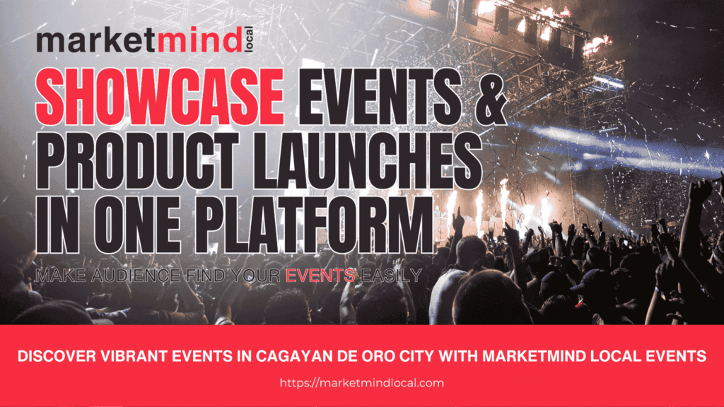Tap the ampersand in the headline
pos(487,100)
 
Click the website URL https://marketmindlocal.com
pos(362,382)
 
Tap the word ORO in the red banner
pos(375,358)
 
